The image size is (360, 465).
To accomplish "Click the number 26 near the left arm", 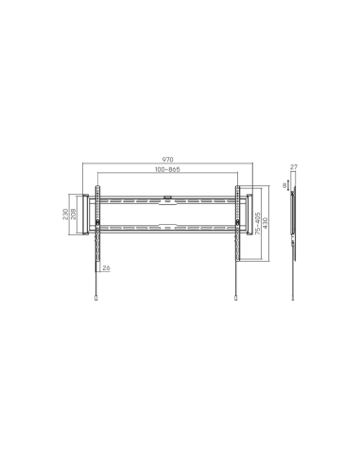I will pyautogui.click(x=106, y=268).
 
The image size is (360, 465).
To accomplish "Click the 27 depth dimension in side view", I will pyautogui.click(x=294, y=168).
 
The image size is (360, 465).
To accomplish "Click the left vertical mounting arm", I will pyautogui.click(x=96, y=232).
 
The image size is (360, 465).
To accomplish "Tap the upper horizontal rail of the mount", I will pyautogui.click(x=166, y=200).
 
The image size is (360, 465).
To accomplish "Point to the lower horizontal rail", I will pyautogui.click(x=166, y=228).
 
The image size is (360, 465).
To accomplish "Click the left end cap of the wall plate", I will pyautogui.click(x=89, y=214).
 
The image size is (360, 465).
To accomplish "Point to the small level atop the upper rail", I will pyautogui.click(x=166, y=196).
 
